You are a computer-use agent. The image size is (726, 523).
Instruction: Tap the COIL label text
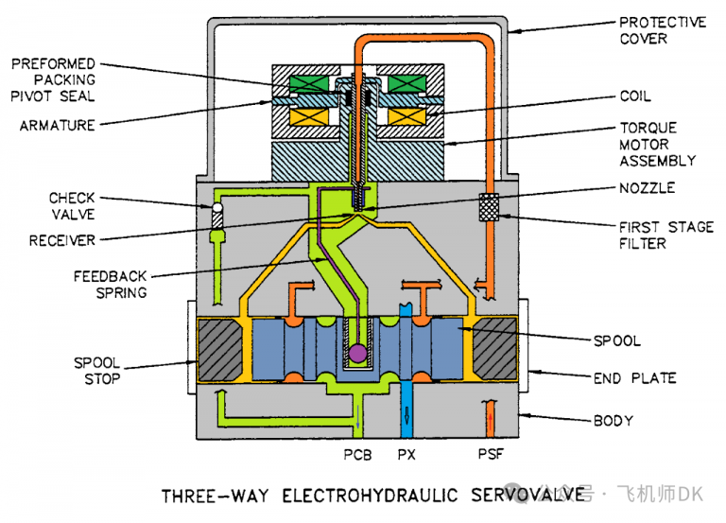635,96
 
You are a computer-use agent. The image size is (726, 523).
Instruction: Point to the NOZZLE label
648,188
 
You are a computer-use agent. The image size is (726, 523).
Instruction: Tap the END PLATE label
635,378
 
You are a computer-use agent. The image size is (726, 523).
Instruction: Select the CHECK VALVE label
73,206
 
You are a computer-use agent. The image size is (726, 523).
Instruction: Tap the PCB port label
356,456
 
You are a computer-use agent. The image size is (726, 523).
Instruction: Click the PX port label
407,456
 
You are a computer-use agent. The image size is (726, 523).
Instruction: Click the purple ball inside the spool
357,353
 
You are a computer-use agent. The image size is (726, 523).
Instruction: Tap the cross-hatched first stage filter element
489,207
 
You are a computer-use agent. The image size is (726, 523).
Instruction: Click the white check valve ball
216,206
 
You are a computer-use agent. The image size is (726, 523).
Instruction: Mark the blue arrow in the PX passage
407,416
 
